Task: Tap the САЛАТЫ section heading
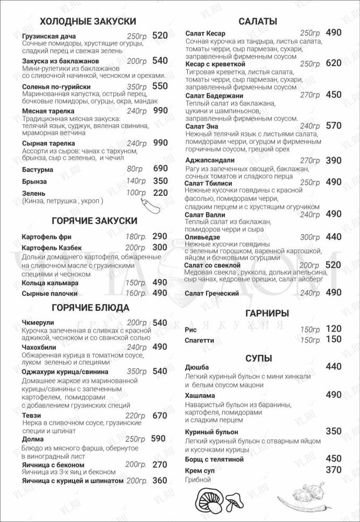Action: point(257,21)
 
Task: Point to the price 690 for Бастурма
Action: point(160,168)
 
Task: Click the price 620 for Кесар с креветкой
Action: point(333,63)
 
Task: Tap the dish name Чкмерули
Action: point(39,323)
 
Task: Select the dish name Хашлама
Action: point(200,395)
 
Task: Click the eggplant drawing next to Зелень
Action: point(147,204)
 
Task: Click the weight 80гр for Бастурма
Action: point(135,169)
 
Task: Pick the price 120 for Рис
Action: point(333,329)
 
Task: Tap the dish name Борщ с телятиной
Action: point(214,459)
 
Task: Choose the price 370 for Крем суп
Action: point(333,470)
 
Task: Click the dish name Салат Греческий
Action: point(212,293)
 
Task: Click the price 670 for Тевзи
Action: point(160,416)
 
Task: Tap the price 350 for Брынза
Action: point(160,181)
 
